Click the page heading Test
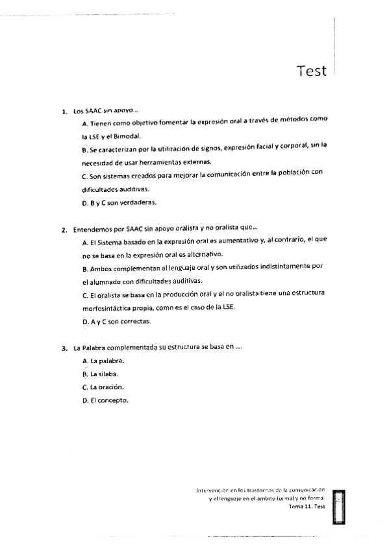[x=311, y=71]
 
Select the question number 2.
[x=64, y=228]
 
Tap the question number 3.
[x=64, y=348]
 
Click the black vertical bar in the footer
[x=337, y=507]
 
